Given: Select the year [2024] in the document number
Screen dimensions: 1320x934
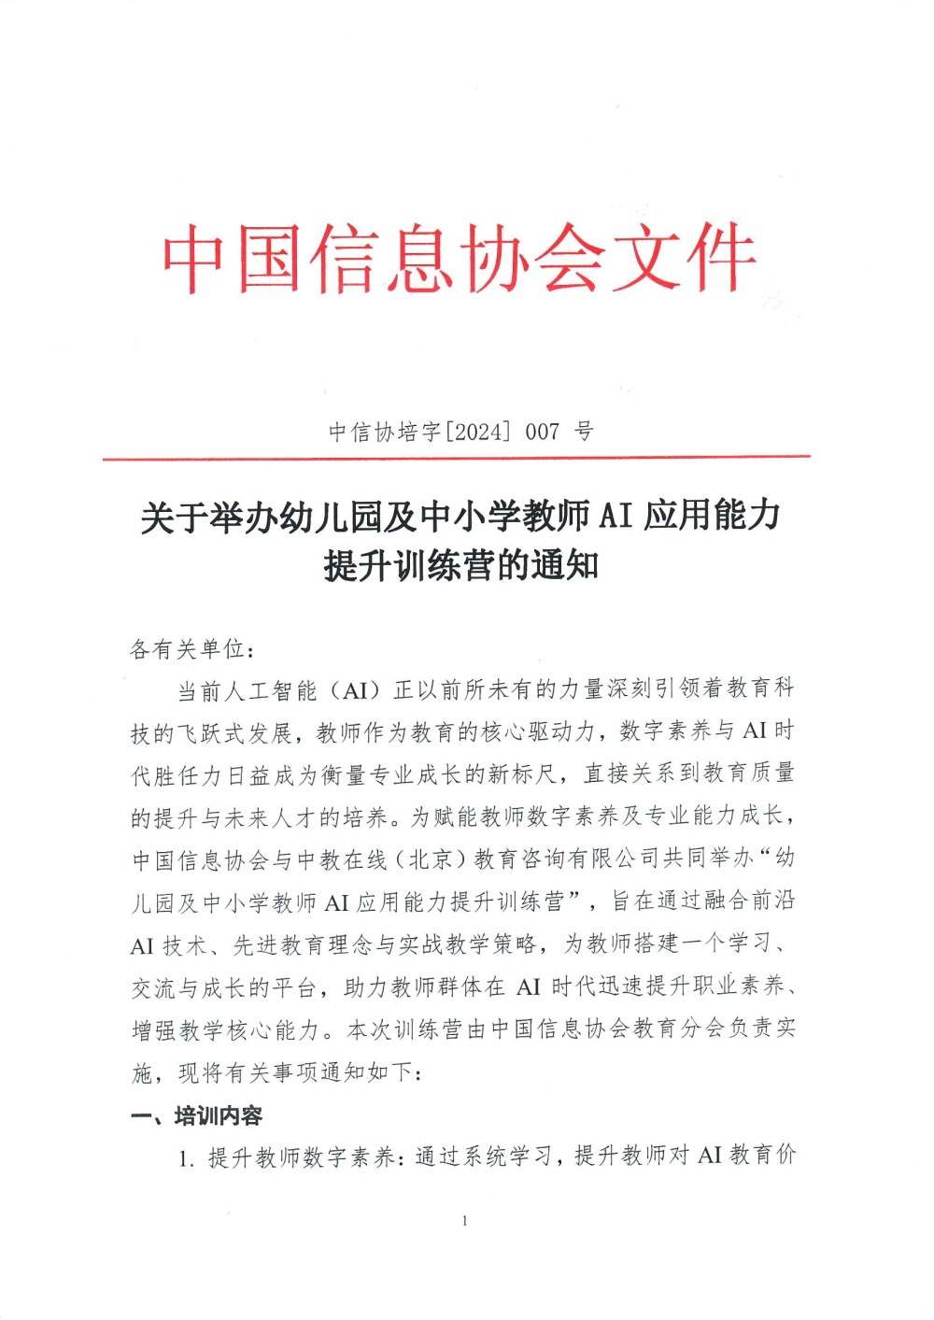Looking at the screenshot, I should click(478, 432).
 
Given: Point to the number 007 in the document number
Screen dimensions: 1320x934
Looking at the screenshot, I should click(543, 432).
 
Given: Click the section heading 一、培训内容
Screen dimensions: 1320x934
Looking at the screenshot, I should click(197, 1115).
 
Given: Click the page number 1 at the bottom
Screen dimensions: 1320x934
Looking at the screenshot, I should click(464, 1221).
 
